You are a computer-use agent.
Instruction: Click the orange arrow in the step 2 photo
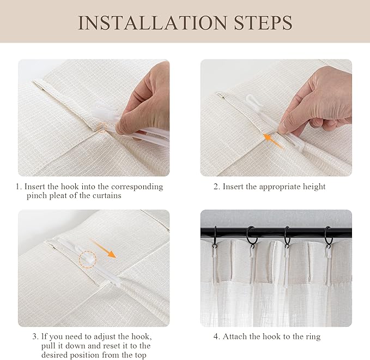pos(272,141)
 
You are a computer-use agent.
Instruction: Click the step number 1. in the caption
pos(19,187)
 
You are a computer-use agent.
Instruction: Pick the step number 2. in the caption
pos(216,187)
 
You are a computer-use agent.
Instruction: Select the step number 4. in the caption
pos(217,337)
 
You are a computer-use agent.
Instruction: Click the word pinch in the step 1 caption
pos(37,196)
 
